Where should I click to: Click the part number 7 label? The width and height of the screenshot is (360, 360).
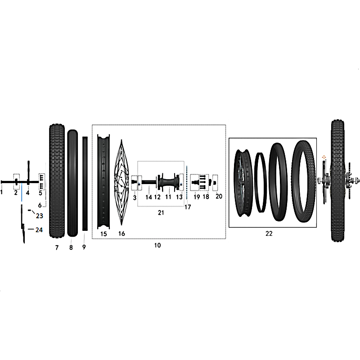[57, 247]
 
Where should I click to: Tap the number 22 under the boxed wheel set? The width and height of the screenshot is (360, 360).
[269, 234]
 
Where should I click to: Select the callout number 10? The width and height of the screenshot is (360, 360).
[157, 245]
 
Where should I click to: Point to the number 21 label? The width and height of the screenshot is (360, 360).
[161, 212]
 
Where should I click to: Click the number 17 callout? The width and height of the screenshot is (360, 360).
[188, 207]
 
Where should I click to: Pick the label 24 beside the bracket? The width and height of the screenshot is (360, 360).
[39, 230]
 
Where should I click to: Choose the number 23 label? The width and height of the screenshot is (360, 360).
[40, 216]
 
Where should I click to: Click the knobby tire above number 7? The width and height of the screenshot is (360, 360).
[57, 181]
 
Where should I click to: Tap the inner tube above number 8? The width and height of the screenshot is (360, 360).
[72, 183]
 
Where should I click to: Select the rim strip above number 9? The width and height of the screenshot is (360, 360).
[85, 184]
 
